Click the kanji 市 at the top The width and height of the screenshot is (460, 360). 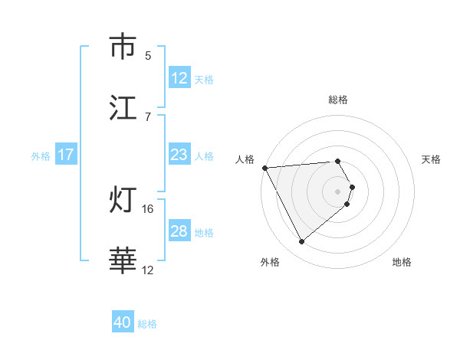click(x=123, y=47)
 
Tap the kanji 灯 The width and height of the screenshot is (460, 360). click(x=123, y=200)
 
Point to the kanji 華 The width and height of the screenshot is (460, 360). click(x=123, y=261)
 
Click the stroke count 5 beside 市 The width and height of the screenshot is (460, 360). click(x=148, y=55)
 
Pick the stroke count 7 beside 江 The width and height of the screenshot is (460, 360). click(x=148, y=116)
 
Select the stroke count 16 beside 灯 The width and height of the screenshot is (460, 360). click(x=148, y=208)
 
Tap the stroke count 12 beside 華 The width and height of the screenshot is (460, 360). click(x=148, y=270)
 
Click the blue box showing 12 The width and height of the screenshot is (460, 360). click(x=179, y=77)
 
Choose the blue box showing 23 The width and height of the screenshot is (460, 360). click(x=179, y=155)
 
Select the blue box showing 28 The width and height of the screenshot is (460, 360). click(x=179, y=231)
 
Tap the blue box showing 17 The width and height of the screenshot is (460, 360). click(x=66, y=155)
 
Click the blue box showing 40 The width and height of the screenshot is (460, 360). click(x=123, y=322)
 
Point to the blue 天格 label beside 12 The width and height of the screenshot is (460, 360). click(x=204, y=79)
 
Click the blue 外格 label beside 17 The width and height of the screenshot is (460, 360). click(x=41, y=155)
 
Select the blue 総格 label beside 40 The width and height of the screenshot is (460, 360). click(x=147, y=324)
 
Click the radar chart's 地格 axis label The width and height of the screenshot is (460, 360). click(x=402, y=262)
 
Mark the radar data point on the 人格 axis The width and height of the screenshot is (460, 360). click(x=264, y=168)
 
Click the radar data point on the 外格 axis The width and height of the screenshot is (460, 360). click(x=301, y=242)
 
